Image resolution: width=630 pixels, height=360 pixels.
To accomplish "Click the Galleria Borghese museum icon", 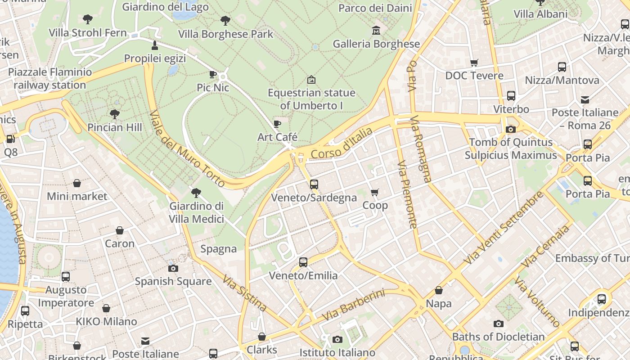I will (376, 31).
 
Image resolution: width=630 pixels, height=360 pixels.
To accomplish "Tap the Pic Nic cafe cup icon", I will (213, 74).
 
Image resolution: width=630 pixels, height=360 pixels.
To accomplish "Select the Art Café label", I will (277, 137).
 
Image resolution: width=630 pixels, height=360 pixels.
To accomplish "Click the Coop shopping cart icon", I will (375, 192).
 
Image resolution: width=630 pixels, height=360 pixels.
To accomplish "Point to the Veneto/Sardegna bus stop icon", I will (314, 184).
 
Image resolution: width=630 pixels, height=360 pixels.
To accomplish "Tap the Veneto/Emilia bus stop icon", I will (303, 262).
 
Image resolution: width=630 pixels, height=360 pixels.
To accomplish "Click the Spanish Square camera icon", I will (173, 268).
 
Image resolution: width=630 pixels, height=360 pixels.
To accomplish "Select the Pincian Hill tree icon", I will (114, 114).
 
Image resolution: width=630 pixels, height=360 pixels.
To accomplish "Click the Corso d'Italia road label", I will (342, 143).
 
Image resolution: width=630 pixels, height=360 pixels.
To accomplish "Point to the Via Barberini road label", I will (354, 306).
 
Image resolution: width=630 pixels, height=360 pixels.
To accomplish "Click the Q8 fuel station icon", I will (10, 139).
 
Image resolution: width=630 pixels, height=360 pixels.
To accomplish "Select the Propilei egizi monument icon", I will (155, 45).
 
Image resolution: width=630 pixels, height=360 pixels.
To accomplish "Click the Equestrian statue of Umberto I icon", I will (311, 80).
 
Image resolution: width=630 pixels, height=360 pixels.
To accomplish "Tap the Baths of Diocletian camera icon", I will (498, 324).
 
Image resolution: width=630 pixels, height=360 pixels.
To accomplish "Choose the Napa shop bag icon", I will (438, 290).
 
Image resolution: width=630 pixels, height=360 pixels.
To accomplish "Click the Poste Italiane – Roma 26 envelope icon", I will (585, 99).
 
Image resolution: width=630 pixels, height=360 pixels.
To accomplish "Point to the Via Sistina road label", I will (244, 293).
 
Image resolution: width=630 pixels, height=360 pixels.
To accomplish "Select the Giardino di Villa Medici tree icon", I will (196, 193).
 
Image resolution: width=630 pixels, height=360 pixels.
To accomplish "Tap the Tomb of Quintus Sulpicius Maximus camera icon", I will (510, 129).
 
